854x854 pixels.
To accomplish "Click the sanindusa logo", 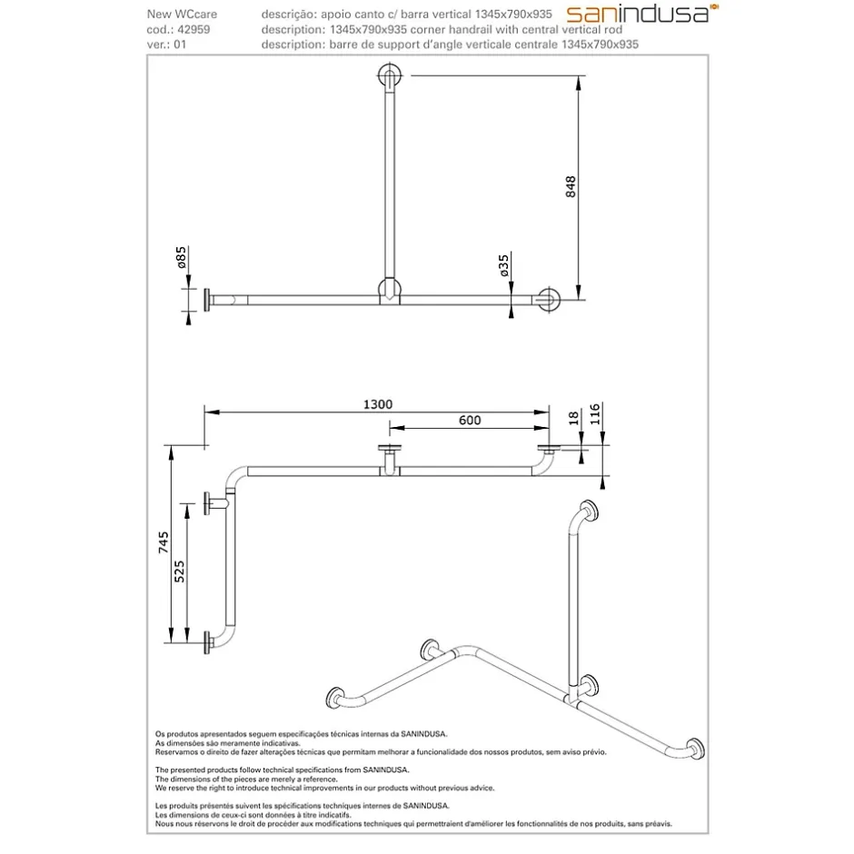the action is point(642,14).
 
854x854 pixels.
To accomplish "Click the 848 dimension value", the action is point(571,187).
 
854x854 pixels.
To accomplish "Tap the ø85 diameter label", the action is point(182,257).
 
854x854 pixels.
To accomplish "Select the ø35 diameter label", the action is point(504,265).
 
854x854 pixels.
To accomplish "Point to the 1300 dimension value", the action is point(378,404).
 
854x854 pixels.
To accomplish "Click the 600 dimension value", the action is point(470,420).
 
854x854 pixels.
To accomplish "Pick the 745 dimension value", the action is point(164,542).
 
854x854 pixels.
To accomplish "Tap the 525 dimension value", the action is point(179,571).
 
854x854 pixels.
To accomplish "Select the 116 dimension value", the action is point(595,414).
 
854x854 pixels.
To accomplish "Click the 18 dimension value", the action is point(573,418).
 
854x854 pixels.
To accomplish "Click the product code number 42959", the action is point(194,29).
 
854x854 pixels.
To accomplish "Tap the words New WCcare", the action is point(182,15).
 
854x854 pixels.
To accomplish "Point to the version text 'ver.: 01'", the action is point(166,45).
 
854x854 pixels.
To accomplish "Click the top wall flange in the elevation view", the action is point(390,75).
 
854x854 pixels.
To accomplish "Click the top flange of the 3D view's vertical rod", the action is point(589,512).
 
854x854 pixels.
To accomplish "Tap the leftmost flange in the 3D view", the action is point(335,699).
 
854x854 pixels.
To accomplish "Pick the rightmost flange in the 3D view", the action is point(696,749).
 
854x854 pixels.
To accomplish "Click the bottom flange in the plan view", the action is point(207,642).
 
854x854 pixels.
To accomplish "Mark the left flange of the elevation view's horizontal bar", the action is point(207,300).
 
